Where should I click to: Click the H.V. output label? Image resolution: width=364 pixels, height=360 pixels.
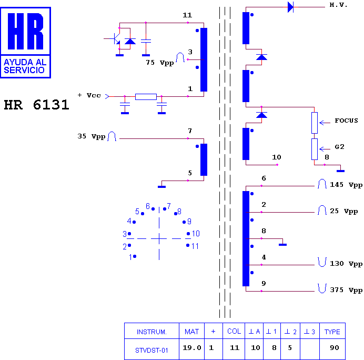tap(338, 5)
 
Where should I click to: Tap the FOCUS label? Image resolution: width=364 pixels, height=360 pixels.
tap(346, 121)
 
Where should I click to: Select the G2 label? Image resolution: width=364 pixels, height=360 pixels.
tap(339, 147)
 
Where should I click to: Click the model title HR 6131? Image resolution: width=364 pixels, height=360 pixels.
tap(37, 105)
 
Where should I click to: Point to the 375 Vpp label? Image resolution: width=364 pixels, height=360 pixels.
tap(346, 290)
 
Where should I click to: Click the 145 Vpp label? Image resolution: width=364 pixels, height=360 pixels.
tap(346, 185)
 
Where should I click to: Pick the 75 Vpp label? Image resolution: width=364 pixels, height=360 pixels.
tap(160, 63)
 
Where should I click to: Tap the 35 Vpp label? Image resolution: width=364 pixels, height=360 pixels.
tap(92, 136)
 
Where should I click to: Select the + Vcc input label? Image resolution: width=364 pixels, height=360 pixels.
tap(89, 95)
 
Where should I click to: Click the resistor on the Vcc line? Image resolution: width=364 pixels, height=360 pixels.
tap(146, 97)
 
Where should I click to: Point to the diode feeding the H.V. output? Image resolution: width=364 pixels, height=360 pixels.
tap(290, 7)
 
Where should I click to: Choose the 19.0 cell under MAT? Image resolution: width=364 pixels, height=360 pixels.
tap(192, 348)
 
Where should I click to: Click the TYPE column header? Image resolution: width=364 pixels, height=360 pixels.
tap(332, 332)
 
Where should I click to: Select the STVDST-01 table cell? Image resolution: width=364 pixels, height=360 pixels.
tap(151, 350)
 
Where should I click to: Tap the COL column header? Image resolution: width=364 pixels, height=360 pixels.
tap(234, 331)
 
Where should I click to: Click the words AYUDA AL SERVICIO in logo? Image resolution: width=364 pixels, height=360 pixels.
tap(25, 66)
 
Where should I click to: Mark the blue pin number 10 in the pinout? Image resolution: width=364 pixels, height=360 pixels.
tap(196, 233)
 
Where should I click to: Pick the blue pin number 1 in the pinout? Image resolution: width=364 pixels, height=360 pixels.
tap(130, 257)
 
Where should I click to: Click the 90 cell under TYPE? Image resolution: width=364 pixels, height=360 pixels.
tap(335, 348)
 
